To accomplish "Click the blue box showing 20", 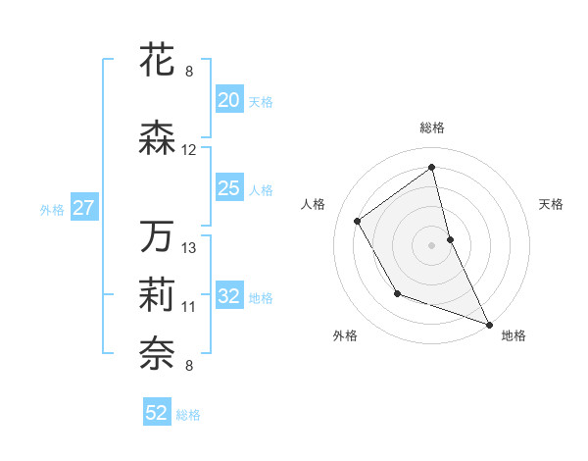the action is (228, 100).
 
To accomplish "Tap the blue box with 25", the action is (228, 188).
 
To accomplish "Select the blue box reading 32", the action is (228, 297).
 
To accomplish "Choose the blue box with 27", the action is (83, 208).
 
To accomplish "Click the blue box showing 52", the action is (157, 413).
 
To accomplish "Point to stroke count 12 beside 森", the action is (189, 150).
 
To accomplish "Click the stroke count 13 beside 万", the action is (189, 248).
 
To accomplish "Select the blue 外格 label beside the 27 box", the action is (52, 209).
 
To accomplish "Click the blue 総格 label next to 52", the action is (188, 414).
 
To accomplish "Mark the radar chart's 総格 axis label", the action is (431, 128).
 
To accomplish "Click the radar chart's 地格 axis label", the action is (514, 335).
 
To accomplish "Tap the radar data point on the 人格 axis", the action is (358, 221).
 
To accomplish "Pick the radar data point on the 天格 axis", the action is (450, 239).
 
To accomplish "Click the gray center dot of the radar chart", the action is (431, 245).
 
